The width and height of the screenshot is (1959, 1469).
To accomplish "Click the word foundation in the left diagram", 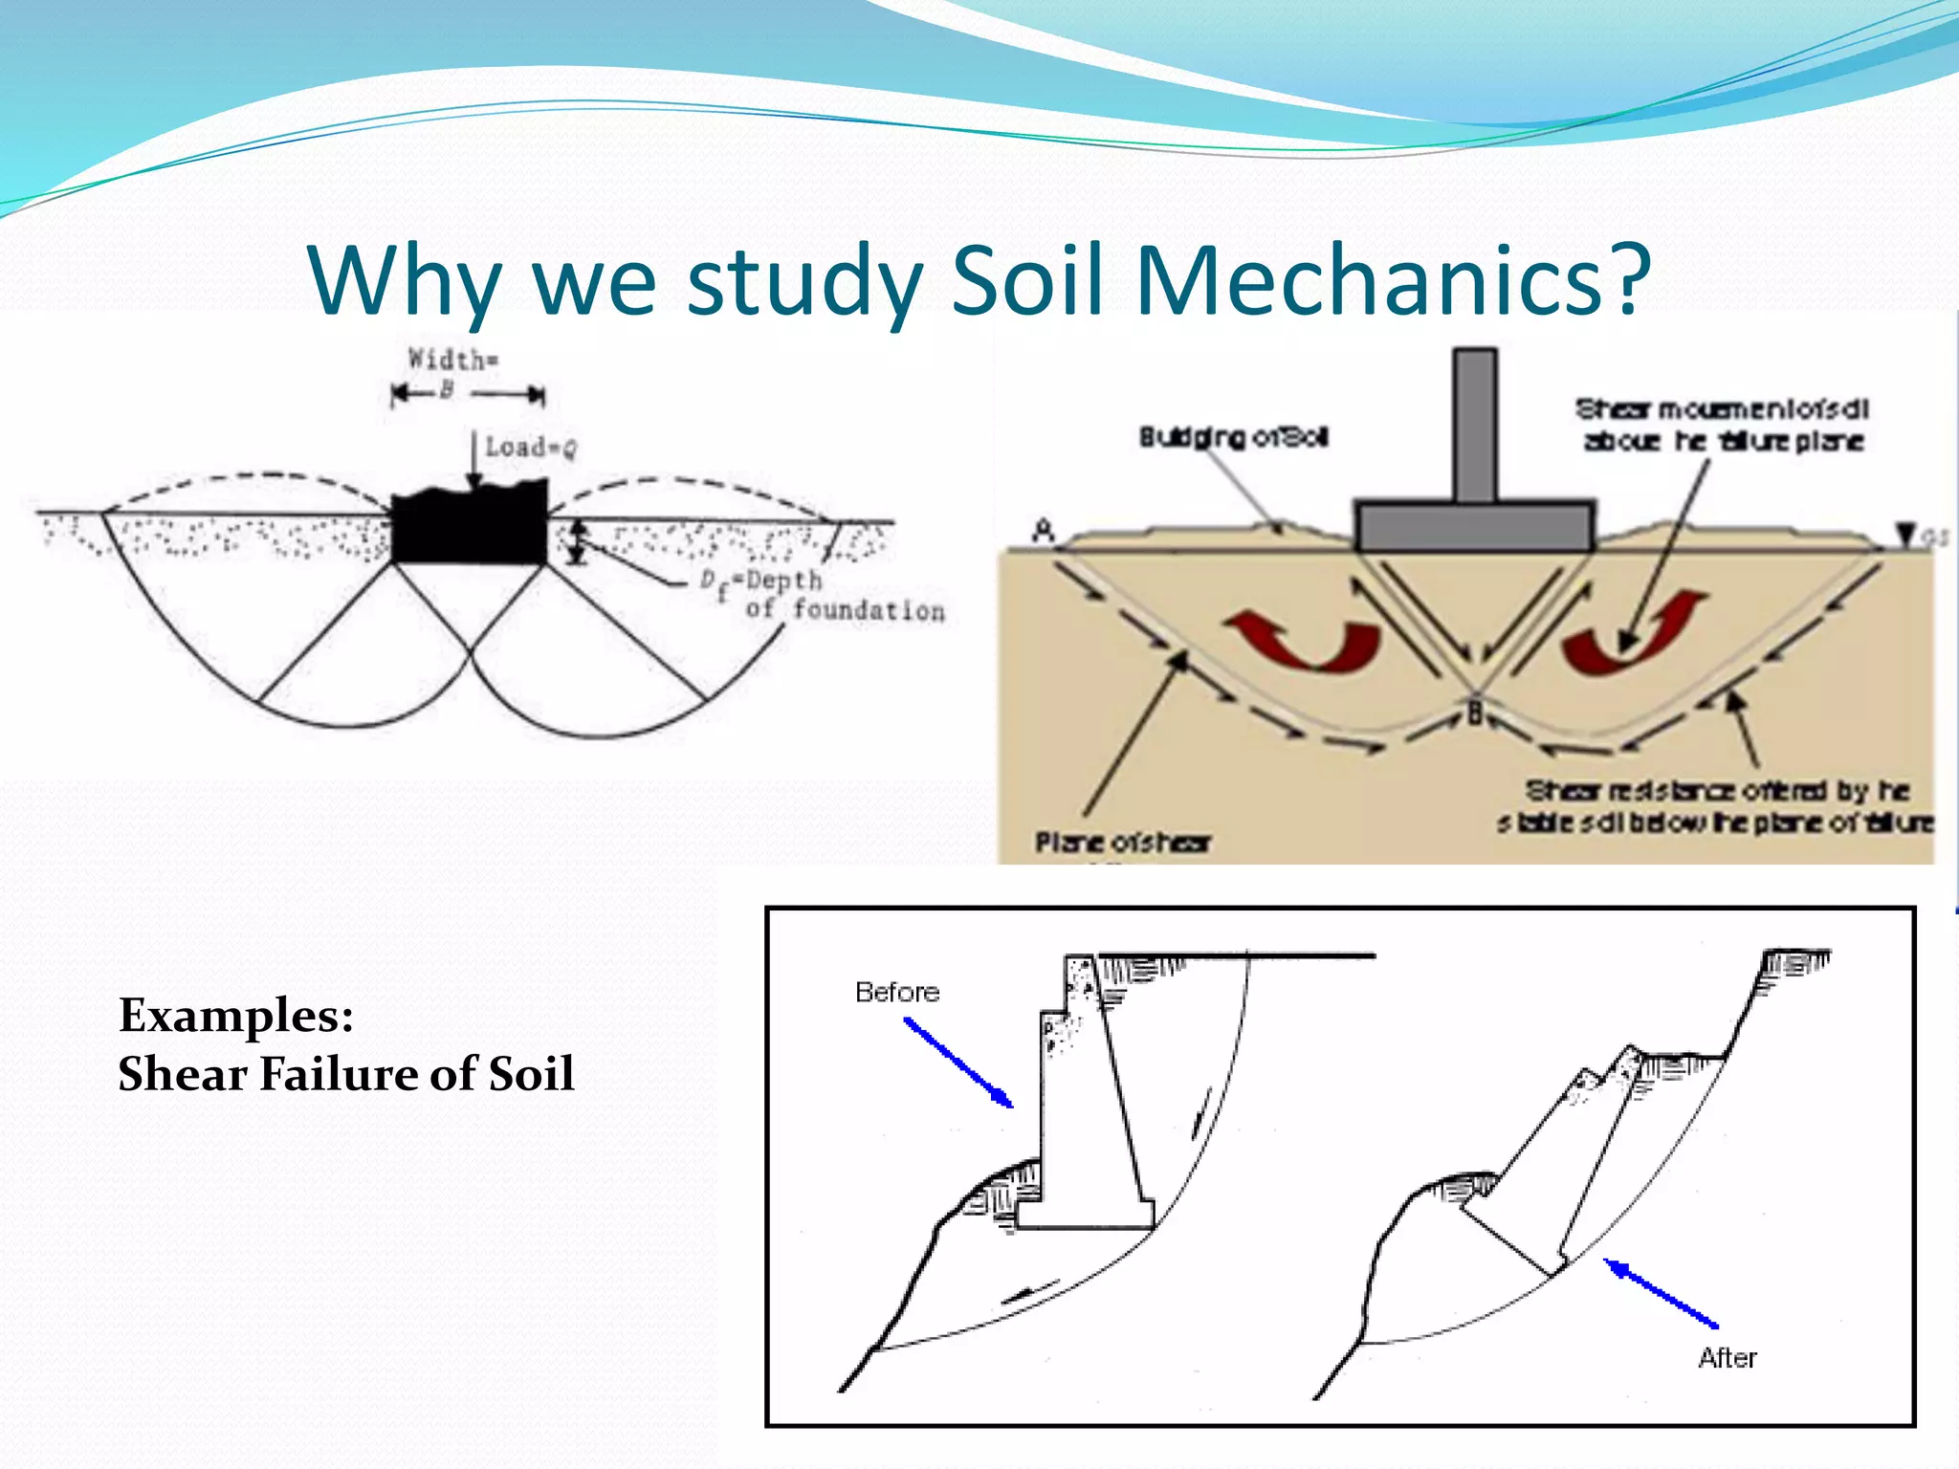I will [x=869, y=610].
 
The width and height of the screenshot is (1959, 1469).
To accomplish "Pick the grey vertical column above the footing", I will [x=1476, y=425].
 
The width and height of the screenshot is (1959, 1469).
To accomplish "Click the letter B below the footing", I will [x=1476, y=713].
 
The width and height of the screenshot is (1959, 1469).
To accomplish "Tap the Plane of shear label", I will [x=1122, y=843].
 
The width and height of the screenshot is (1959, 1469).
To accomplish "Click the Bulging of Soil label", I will [x=1233, y=438].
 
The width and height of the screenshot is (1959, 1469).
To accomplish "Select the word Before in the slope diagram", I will [x=896, y=992].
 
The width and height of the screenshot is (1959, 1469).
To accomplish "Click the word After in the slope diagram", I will [x=1728, y=1358].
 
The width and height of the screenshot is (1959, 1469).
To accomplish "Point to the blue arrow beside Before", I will [x=958, y=1063].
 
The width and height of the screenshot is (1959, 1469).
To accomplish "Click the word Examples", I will [x=235, y=1016].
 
